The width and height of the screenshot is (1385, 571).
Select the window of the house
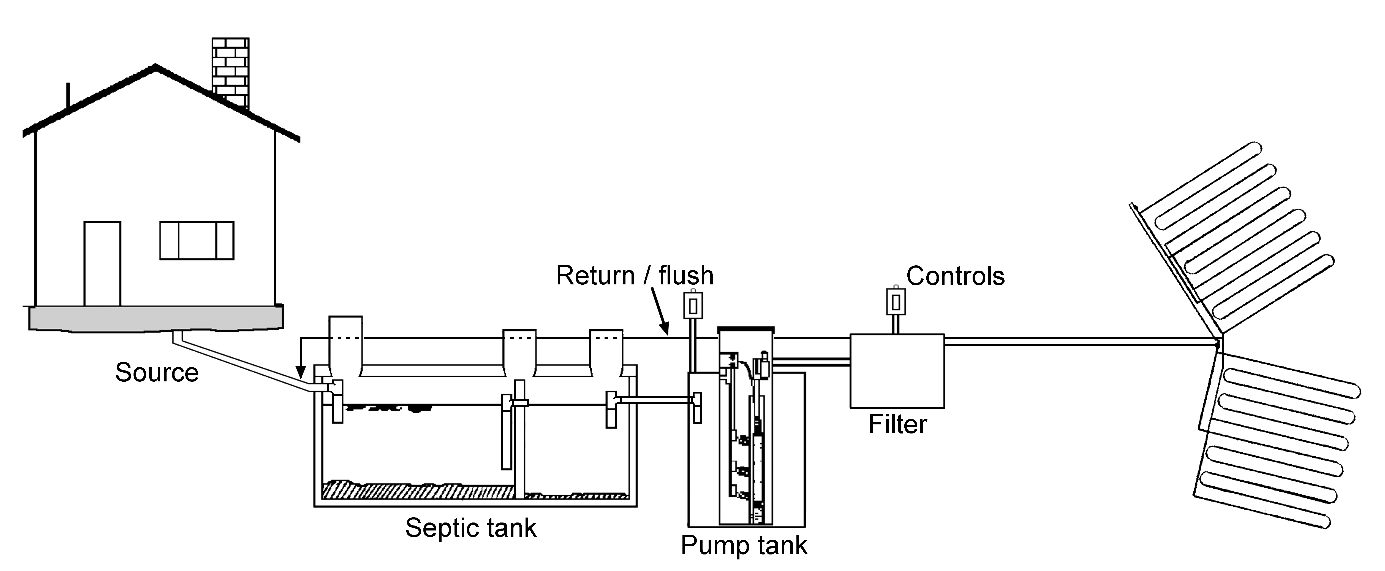pyautogui.click(x=197, y=240)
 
